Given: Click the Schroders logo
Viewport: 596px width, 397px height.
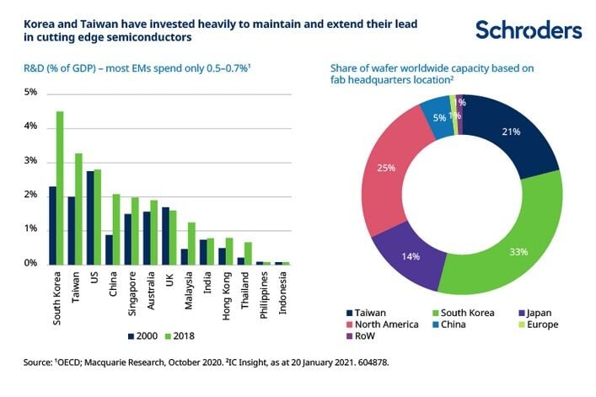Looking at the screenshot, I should click(528, 30).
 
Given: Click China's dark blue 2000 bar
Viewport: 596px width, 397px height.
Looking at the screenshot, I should click(110, 249).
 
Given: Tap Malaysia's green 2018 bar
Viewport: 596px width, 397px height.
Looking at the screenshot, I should click(191, 243).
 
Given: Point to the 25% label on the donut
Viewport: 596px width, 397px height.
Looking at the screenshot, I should click(388, 169).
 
